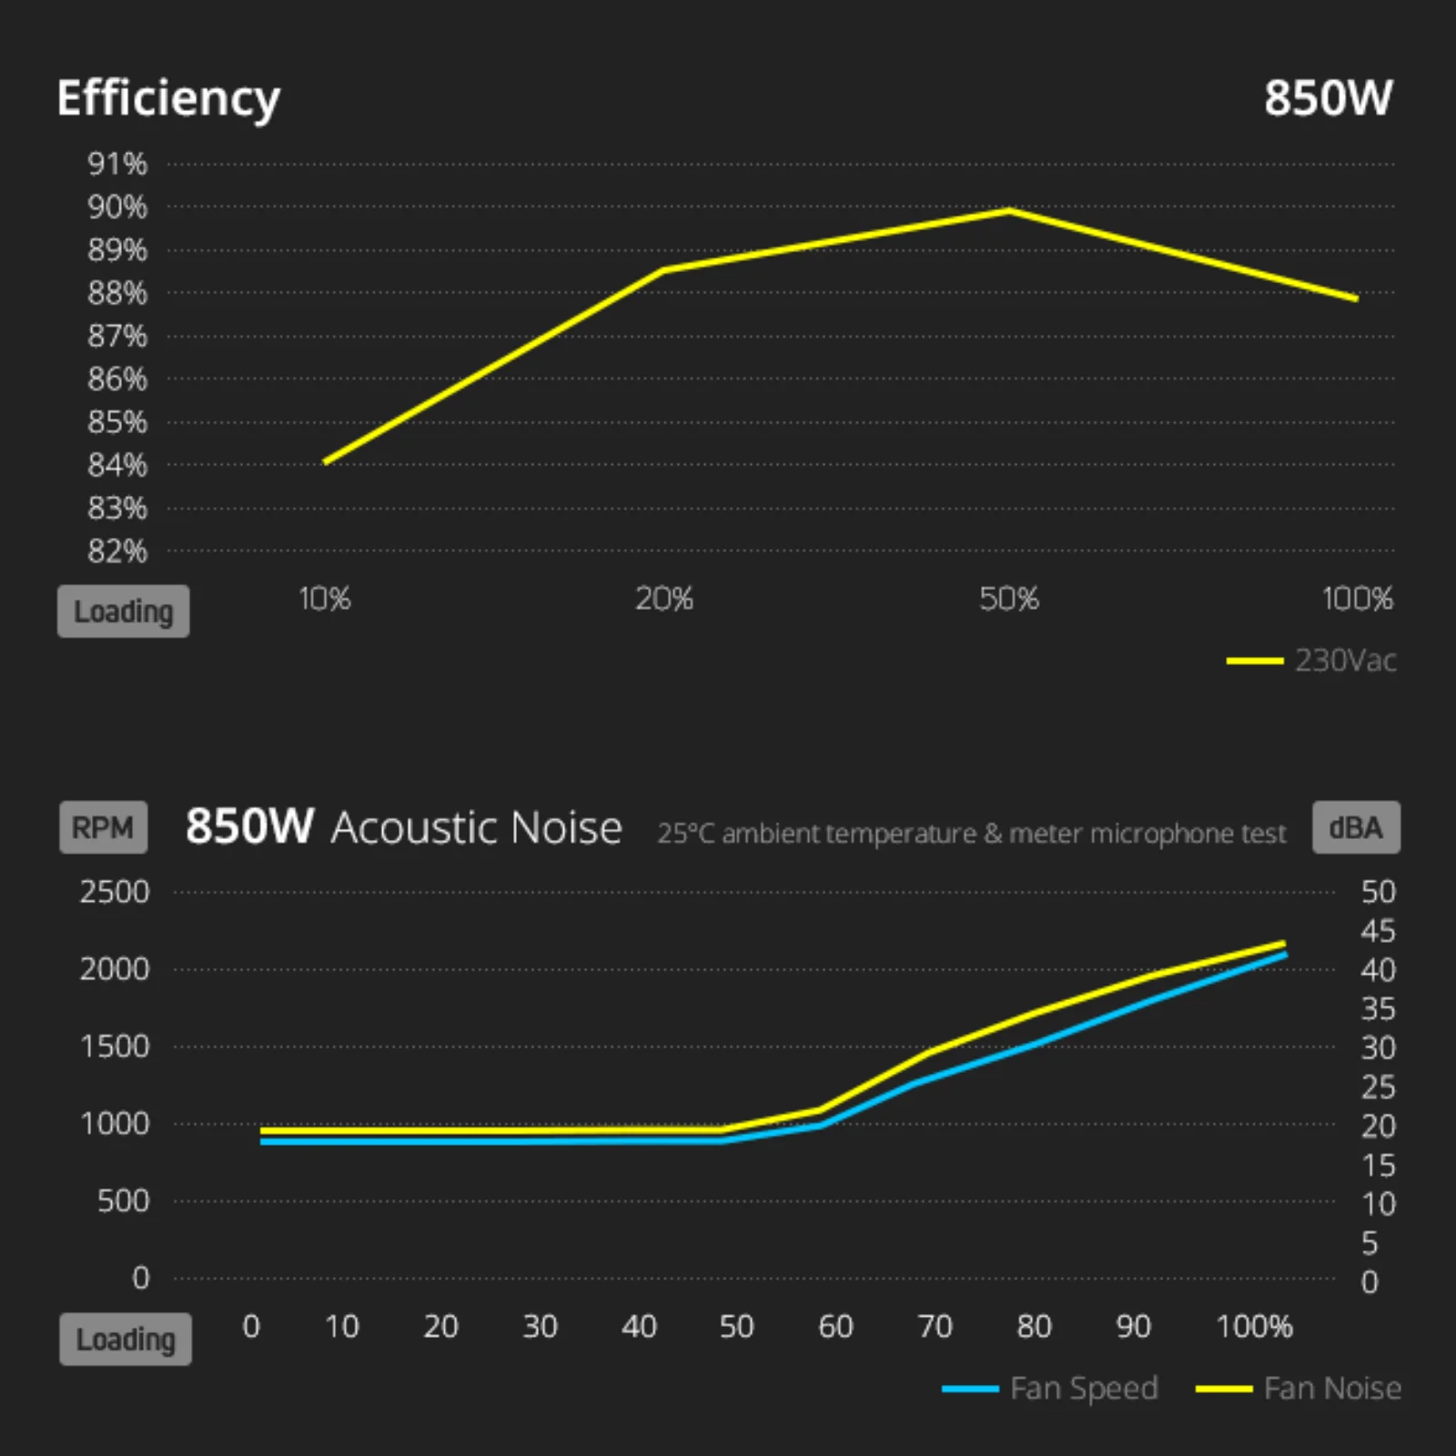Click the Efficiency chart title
pyautogui.click(x=168, y=98)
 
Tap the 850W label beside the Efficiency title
pyautogui.click(x=1328, y=98)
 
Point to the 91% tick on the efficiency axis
pyautogui.click(x=117, y=165)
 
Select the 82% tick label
pyautogui.click(x=117, y=551)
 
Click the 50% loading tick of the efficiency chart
pyautogui.click(x=1008, y=599)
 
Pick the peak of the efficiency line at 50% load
pyautogui.click(x=1009, y=211)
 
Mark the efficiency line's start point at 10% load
pyautogui.click(x=326, y=462)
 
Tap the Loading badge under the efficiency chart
pyautogui.click(x=124, y=612)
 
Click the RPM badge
pyautogui.click(x=103, y=827)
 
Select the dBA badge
pyautogui.click(x=1356, y=827)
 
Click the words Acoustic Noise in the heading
pyautogui.click(x=476, y=828)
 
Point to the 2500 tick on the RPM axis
pyautogui.click(x=115, y=892)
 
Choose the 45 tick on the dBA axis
pyautogui.click(x=1378, y=931)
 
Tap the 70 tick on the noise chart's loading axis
pyautogui.click(x=935, y=1327)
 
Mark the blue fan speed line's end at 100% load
pyautogui.click(x=1285, y=955)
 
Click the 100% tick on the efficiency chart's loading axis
pyautogui.click(x=1357, y=599)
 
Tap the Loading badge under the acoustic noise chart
pyautogui.click(x=126, y=1340)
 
